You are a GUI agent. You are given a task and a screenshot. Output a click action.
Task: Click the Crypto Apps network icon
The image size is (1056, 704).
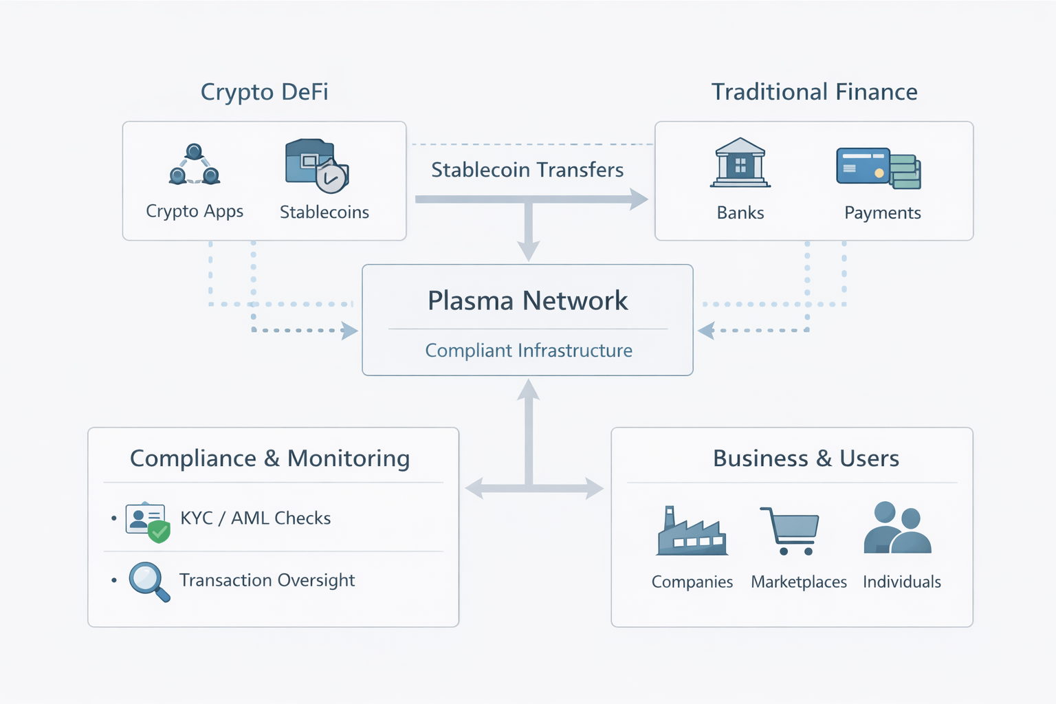(x=195, y=165)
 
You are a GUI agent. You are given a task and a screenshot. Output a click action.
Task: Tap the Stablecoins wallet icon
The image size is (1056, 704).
(x=316, y=166)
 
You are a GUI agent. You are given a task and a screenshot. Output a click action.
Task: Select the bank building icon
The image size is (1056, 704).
(x=740, y=163)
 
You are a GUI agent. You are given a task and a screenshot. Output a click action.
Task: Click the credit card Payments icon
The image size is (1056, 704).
(x=877, y=168)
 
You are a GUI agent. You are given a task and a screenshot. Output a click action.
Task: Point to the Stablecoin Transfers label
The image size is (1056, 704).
(x=527, y=170)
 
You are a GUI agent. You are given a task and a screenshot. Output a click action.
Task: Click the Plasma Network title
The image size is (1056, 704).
(x=527, y=301)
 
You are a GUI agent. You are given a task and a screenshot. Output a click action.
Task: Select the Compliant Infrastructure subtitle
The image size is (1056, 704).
(x=529, y=351)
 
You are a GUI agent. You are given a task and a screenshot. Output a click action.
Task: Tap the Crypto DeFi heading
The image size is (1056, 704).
(x=264, y=92)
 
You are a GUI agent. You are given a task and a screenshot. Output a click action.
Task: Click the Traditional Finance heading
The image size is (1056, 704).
(x=814, y=92)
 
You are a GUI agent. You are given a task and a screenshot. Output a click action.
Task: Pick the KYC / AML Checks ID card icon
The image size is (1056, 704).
(x=147, y=521)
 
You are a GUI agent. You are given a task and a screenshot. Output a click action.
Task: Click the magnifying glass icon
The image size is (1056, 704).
(x=148, y=581)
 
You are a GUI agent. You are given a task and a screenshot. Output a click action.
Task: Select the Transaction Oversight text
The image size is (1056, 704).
(x=267, y=580)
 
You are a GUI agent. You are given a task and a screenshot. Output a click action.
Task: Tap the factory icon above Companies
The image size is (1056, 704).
(x=692, y=532)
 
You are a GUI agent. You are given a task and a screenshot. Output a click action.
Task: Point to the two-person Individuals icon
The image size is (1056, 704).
(x=897, y=528)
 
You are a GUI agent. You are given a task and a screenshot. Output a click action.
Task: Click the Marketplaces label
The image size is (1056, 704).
(x=799, y=582)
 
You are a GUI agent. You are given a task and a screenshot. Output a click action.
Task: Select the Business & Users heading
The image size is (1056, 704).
(x=806, y=459)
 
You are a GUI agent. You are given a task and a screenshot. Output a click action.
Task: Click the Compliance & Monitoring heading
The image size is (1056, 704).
(x=269, y=459)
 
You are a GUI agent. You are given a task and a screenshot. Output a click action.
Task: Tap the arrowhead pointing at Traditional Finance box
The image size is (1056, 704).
(x=639, y=199)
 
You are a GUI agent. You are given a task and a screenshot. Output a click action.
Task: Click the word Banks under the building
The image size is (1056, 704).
(x=740, y=213)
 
